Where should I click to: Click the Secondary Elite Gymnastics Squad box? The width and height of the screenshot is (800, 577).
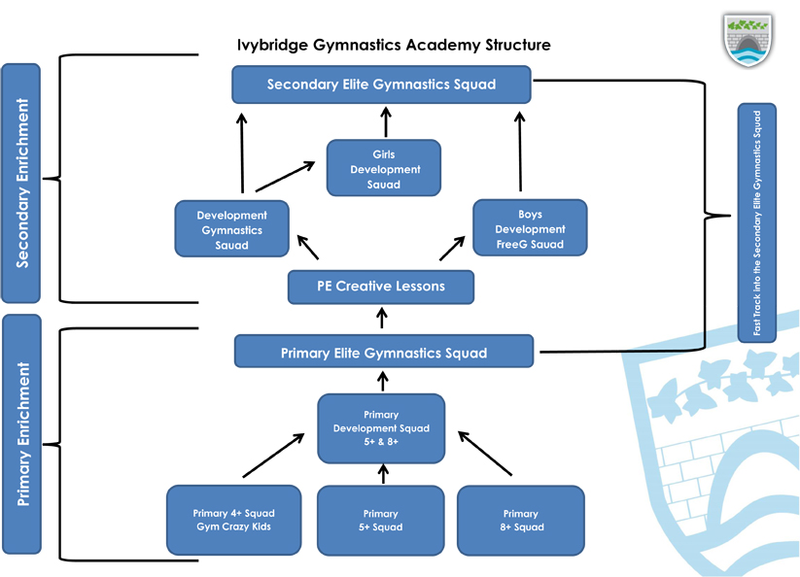[x=381, y=85]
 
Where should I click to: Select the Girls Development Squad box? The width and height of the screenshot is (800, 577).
[x=384, y=168]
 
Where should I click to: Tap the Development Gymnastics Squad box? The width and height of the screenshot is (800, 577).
[x=231, y=229]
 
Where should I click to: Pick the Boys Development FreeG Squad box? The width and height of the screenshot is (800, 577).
[x=530, y=228]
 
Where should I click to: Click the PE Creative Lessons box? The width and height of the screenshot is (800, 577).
[x=381, y=287]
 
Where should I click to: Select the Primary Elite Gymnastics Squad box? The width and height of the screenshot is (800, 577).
[x=384, y=352]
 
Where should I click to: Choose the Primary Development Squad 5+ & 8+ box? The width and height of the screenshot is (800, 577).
[x=381, y=428]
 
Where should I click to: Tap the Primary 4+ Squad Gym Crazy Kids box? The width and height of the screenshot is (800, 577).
[x=233, y=520]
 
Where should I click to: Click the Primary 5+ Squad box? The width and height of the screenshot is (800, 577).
[x=381, y=521]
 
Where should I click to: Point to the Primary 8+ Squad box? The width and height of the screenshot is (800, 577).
[x=521, y=521]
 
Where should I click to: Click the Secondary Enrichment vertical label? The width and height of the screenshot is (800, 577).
[x=21, y=183]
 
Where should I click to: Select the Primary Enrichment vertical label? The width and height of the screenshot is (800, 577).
[x=22, y=434]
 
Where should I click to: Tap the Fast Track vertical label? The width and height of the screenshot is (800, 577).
[x=757, y=222]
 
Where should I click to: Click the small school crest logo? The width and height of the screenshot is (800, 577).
[x=748, y=40]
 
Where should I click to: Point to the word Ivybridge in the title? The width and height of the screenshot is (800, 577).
[x=273, y=46]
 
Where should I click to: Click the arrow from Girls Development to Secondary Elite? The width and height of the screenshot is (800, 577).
[x=386, y=121]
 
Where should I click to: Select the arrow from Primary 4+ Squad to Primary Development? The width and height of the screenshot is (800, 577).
[x=274, y=456]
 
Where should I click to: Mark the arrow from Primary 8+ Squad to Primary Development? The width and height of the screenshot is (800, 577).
[x=485, y=453]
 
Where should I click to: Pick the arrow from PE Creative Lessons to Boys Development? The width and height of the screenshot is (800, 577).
[x=453, y=248]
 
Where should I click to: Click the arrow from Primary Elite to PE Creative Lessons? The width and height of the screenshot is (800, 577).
[x=382, y=318]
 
